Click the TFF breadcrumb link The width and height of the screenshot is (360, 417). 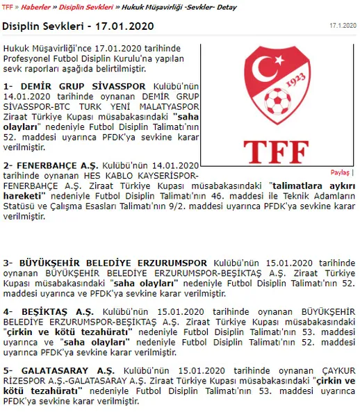[x=8, y=7]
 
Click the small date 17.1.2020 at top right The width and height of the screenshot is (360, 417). [x=343, y=25]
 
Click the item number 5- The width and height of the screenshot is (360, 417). [x=8, y=370]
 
